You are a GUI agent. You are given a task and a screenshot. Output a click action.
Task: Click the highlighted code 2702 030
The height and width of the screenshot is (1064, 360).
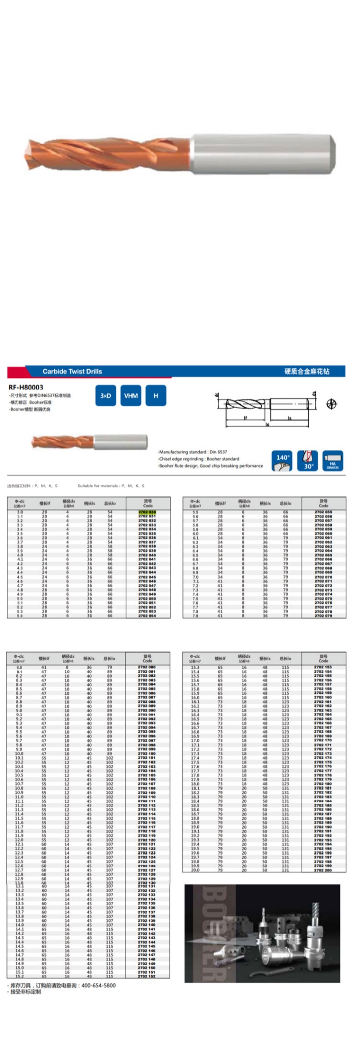tap(147, 512)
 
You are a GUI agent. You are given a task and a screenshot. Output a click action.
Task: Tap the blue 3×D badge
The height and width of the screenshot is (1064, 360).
tap(106, 396)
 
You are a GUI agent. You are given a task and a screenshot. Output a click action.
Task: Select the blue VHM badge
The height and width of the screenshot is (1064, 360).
tap(131, 396)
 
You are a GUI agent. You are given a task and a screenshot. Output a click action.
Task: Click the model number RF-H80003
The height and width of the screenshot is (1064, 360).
tap(26, 387)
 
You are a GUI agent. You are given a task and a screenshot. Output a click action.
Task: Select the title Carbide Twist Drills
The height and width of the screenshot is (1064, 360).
tap(72, 371)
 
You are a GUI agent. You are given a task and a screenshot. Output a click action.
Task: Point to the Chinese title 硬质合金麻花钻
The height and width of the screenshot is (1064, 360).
tap(307, 371)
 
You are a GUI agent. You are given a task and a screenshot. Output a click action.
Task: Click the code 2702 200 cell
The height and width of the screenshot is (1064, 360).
tap(323, 870)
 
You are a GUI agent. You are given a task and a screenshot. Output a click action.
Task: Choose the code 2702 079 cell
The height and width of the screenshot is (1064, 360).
tap(323, 616)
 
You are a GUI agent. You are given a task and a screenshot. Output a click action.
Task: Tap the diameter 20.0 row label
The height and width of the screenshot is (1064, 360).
tap(195, 870)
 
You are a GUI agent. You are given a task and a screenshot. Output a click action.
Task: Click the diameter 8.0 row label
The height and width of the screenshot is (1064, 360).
tap(19, 667)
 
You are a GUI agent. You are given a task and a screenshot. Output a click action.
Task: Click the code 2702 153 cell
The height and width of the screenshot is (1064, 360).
tap(323, 667)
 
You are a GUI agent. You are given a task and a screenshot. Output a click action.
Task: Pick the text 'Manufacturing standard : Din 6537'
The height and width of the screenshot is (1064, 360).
tap(193, 452)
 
